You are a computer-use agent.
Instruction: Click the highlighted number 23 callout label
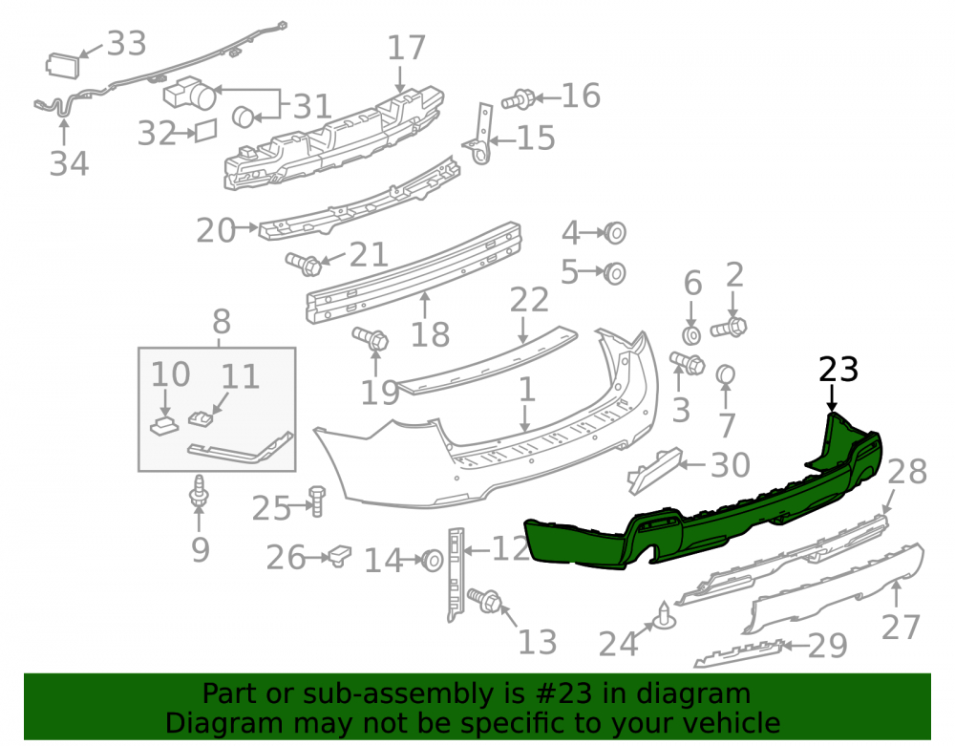[838, 370]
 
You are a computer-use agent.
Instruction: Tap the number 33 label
[127, 43]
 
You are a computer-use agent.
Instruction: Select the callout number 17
[406, 48]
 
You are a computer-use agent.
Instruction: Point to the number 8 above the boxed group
[222, 321]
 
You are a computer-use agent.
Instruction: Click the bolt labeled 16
[518, 98]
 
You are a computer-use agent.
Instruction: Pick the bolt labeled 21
[304, 264]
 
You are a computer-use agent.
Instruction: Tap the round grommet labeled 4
[614, 233]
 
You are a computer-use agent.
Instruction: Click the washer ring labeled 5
[614, 273]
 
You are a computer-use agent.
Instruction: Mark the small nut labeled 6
[691, 335]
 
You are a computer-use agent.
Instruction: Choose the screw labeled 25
[317, 501]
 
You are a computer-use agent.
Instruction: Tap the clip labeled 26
[340, 555]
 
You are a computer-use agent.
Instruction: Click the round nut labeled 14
[433, 561]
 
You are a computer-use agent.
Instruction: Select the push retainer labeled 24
[665, 617]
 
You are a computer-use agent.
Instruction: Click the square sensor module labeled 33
[62, 65]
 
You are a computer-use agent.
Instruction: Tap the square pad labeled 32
[206, 130]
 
